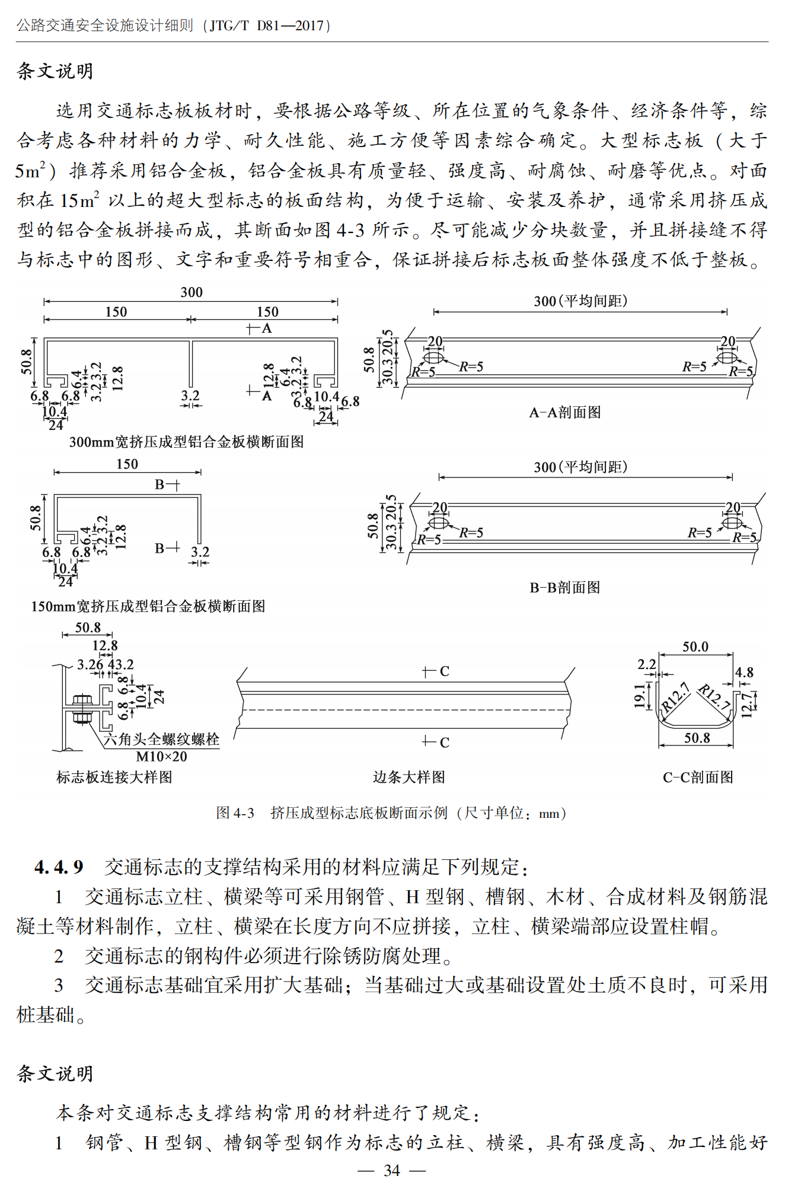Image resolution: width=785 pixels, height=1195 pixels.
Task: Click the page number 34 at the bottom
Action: [392, 1170]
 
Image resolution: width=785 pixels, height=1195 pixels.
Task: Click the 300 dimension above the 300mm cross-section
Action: [192, 292]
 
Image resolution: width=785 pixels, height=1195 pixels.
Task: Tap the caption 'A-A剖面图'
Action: [564, 412]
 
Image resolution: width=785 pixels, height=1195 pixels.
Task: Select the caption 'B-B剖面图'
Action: [564, 587]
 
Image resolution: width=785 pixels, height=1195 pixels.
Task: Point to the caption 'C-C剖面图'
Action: [698, 777]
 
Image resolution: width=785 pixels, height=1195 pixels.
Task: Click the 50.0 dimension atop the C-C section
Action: [695, 646]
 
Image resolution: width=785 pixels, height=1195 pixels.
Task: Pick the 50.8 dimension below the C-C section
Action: [697, 738]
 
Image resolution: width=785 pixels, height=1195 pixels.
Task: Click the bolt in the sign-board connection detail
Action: [81, 708]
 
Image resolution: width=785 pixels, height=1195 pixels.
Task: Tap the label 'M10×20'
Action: [161, 757]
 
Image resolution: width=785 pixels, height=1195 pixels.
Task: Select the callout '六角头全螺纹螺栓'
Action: [161, 739]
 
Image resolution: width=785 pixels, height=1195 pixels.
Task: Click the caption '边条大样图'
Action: [409, 777]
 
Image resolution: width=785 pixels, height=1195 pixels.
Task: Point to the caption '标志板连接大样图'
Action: [114, 777]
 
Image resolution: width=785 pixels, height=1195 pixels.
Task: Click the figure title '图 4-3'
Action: [235, 813]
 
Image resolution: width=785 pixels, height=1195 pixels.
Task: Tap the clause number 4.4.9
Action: [59, 867]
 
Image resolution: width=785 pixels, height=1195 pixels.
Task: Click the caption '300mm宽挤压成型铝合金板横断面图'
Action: [186, 442]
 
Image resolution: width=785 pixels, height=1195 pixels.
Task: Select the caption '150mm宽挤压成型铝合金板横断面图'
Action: [148, 606]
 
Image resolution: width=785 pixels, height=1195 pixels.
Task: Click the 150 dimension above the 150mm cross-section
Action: [127, 464]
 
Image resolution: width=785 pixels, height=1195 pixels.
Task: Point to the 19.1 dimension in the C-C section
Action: [639, 696]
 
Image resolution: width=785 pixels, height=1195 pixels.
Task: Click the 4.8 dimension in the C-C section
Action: [744, 673]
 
